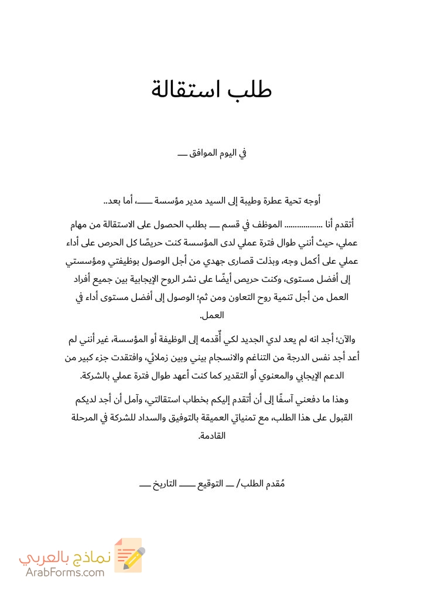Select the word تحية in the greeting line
(285, 201)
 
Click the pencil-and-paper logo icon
(129, 554)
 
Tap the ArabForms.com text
(65, 572)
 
